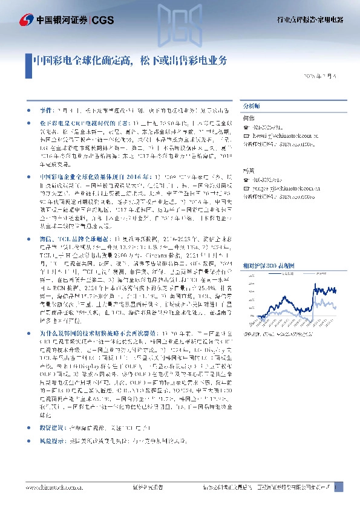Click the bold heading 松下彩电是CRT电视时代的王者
point(75,122)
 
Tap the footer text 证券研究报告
point(145,487)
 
